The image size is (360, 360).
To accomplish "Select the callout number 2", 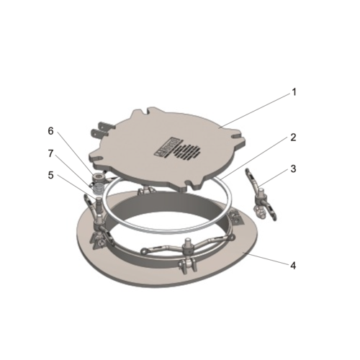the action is click(x=293, y=138).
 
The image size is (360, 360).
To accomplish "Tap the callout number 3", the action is click(x=294, y=169).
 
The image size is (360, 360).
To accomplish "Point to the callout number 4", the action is click(x=293, y=266).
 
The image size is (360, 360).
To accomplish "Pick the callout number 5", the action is click(x=50, y=175).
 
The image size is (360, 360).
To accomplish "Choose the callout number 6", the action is click(x=50, y=131).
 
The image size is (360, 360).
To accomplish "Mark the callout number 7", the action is click(x=50, y=153).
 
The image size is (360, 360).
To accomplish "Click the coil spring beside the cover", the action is click(x=99, y=189).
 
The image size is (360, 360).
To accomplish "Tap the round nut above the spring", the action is click(x=99, y=178).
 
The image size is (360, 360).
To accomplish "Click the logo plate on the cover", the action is click(x=165, y=147).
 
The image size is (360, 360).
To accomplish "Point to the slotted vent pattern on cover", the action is click(x=186, y=153).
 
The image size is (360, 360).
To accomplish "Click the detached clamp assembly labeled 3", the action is click(x=261, y=195).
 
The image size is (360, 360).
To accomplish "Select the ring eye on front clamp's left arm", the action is click(x=144, y=251).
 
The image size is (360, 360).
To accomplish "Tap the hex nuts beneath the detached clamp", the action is click(x=260, y=213).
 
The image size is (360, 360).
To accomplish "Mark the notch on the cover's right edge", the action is click(x=236, y=135).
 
